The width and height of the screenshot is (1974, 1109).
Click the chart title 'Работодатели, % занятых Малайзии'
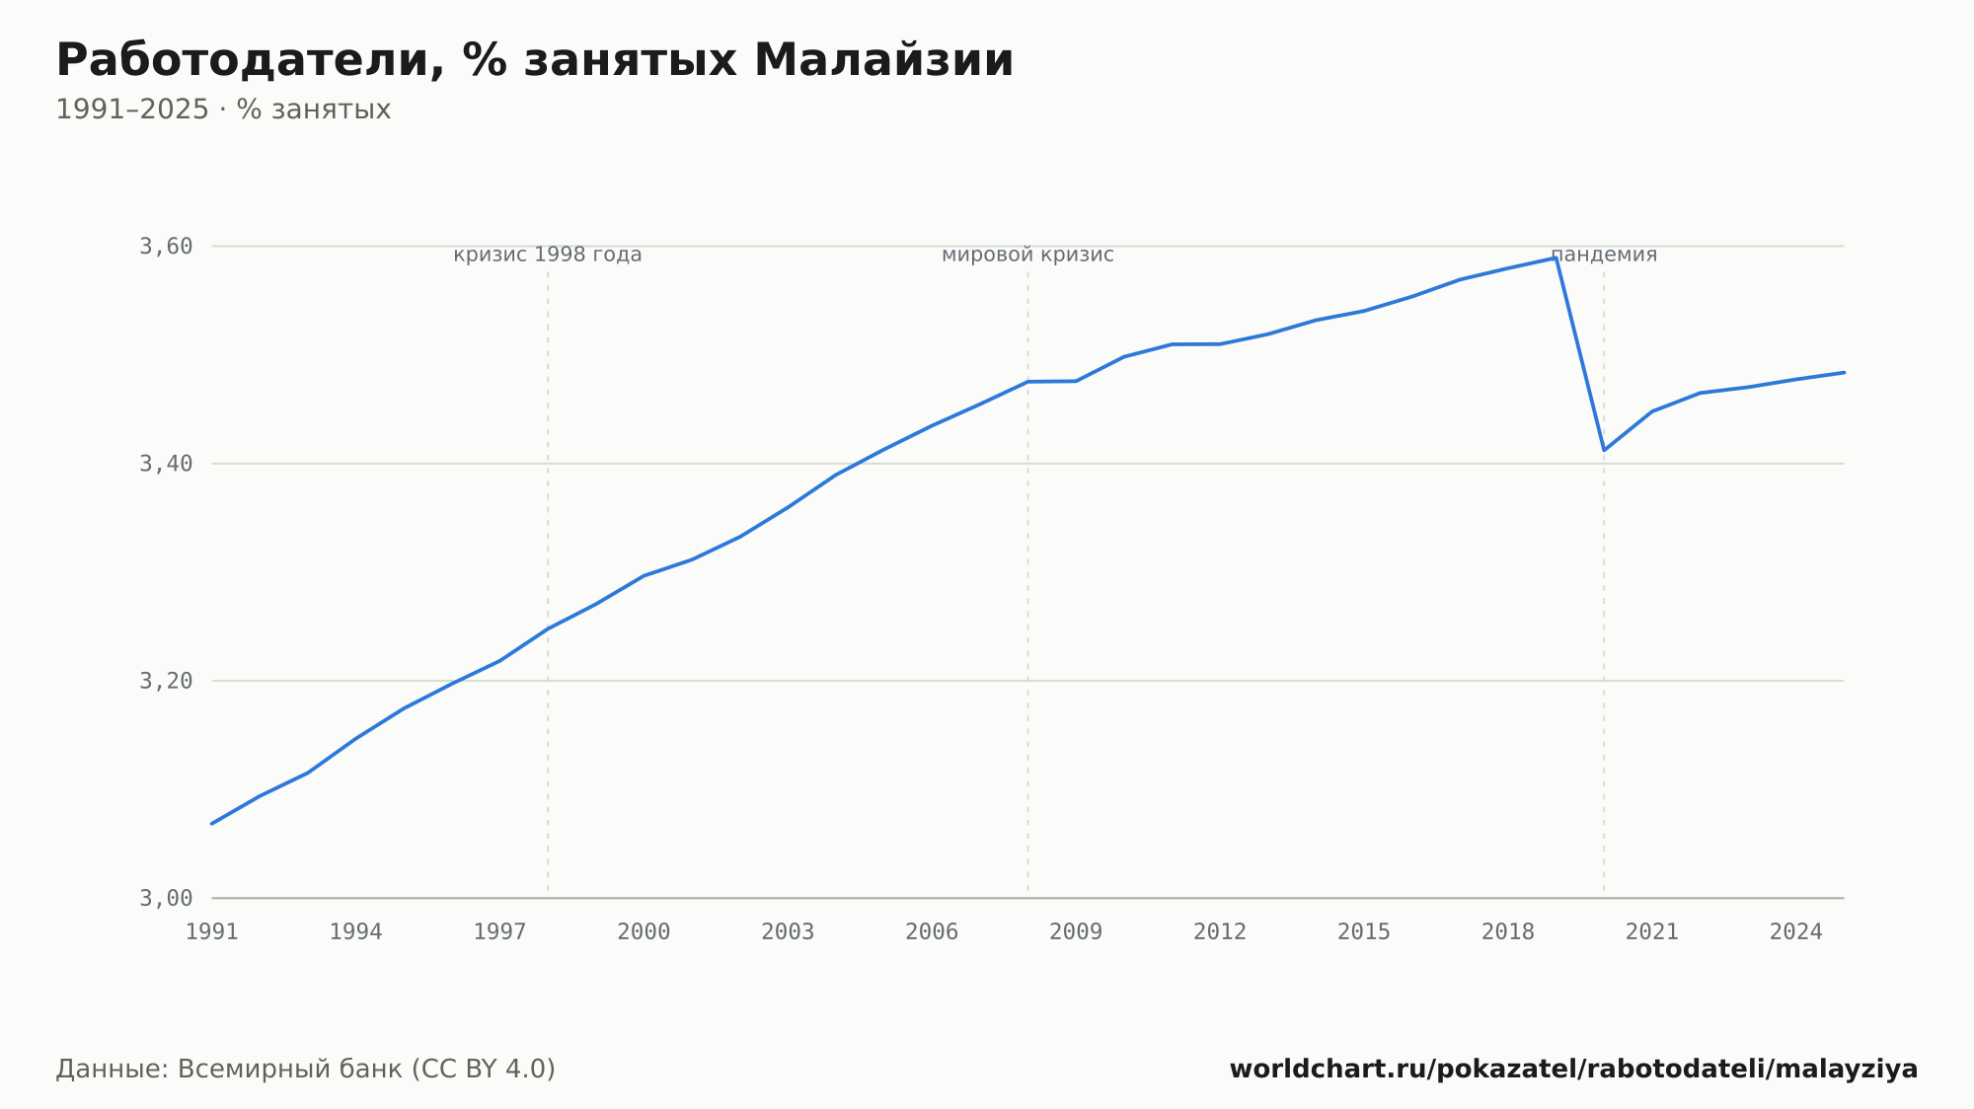(535, 61)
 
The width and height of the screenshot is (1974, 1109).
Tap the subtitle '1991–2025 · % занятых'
(223, 110)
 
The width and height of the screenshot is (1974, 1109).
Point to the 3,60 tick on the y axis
(166, 246)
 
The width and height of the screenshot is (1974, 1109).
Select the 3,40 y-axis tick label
(166, 464)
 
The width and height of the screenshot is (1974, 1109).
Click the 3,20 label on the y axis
(166, 681)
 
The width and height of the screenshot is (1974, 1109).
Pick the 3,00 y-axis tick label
(166, 898)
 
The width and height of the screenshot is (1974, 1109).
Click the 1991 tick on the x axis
(212, 932)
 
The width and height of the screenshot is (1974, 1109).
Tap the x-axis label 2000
(644, 932)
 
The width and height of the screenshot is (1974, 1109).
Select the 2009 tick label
(1076, 932)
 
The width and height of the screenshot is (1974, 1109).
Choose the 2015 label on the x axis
(1364, 932)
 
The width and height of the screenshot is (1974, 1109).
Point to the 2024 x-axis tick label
(1796, 932)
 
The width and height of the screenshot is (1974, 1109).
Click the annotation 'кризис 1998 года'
(548, 255)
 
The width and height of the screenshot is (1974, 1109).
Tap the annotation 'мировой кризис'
(1027, 255)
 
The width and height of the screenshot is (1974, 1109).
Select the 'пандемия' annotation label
(1604, 255)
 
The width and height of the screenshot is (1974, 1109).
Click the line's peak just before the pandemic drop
(1556, 258)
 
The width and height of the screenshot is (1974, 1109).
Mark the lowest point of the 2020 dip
(1604, 450)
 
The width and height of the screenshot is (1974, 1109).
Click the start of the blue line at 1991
(212, 823)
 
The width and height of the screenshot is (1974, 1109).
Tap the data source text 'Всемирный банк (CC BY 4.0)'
(366, 1070)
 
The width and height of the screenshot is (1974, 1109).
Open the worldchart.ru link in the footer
(1573, 1070)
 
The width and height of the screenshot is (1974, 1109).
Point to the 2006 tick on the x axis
(932, 932)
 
